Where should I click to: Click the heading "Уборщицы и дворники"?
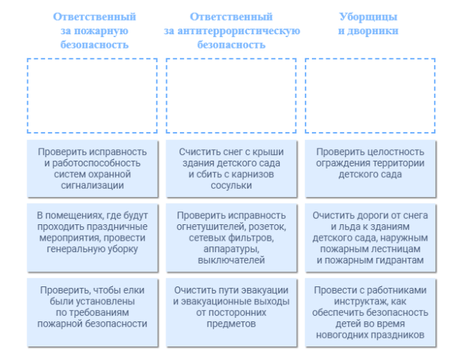point(368,24)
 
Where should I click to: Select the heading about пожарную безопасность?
point(94,31)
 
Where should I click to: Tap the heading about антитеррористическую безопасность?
point(232,31)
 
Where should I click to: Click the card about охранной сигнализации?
point(92,169)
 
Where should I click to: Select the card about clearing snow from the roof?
point(231,169)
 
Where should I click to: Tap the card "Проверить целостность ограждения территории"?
point(370,169)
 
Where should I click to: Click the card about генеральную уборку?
point(92,237)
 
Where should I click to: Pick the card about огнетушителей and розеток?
point(231,237)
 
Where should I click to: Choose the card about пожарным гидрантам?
point(370,237)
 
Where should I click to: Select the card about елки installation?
point(92,312)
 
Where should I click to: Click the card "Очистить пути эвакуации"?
point(231,312)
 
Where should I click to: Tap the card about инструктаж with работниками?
point(370,312)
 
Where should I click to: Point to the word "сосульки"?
point(231,185)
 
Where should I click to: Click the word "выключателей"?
point(231,260)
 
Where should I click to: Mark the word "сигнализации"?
point(92,185)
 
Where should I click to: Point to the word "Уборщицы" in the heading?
point(368,17)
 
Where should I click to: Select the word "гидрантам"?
point(399,260)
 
